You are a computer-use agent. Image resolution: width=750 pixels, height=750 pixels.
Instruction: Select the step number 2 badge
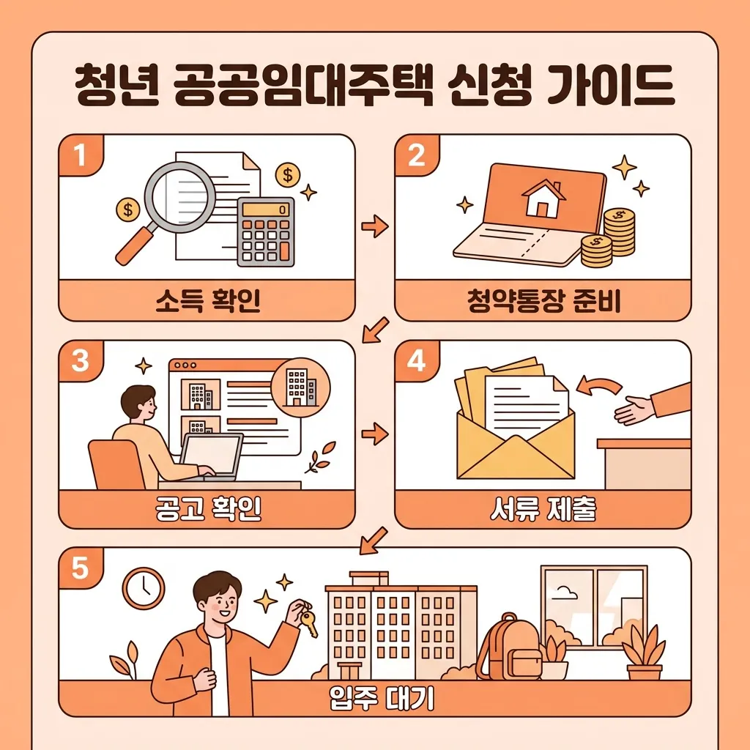point(416,156)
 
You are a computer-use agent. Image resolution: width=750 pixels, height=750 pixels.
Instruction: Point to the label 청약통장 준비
point(543,302)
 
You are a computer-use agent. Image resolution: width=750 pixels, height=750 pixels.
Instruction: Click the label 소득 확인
point(208,302)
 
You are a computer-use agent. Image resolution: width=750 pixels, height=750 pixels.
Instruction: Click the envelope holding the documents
point(515,439)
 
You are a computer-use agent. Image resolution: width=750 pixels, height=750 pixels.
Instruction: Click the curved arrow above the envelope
point(599,387)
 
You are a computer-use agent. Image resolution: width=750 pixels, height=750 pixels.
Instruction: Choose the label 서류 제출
point(543,510)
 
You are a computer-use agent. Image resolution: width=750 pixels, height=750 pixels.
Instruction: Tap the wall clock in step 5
point(144,588)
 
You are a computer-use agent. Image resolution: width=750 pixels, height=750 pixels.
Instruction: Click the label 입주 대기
point(382,699)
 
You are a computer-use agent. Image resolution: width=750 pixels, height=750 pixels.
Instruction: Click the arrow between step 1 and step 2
point(375,228)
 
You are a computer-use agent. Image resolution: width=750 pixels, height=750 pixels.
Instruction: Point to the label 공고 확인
point(208,510)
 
